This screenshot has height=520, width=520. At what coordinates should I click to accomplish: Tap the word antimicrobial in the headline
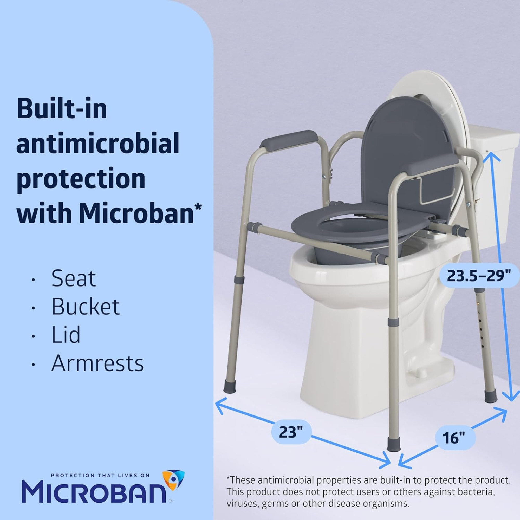(x=98, y=143)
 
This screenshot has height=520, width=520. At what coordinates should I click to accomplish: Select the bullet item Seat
(x=74, y=278)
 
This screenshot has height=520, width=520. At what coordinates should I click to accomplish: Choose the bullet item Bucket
(x=86, y=307)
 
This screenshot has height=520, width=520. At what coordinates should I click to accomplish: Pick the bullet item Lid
(x=66, y=335)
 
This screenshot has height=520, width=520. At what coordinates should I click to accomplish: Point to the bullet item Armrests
(x=97, y=363)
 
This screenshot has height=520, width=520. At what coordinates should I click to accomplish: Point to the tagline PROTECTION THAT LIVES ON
(x=100, y=476)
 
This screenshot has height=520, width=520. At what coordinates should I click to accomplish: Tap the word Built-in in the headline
(x=62, y=109)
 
